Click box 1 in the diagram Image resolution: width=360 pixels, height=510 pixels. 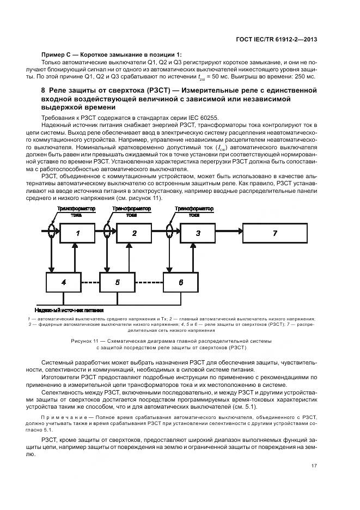click(78, 233)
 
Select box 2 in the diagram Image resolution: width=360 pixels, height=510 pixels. click(134, 233)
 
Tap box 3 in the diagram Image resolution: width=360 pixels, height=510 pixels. click(198, 233)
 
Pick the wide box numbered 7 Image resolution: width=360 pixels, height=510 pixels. click(276, 233)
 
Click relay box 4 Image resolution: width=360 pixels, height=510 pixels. click(64, 282)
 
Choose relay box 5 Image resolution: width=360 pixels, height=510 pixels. click(117, 282)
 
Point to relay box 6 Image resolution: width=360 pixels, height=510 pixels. click(181, 282)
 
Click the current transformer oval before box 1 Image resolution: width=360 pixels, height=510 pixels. click(51, 232)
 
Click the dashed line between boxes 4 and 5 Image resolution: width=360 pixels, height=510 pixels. click(90, 282)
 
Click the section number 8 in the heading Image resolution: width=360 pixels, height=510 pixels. click(44, 90)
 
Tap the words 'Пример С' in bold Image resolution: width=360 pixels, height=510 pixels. click(56, 54)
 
